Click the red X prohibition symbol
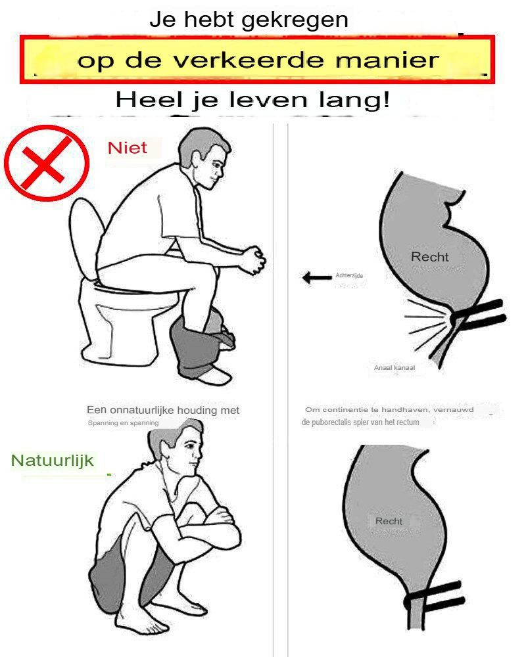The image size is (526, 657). coord(47,163)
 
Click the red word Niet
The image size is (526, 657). coord(127,148)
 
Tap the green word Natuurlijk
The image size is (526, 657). coord(52,461)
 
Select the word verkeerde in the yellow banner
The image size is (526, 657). coord(249,60)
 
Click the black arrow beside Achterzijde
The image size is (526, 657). coord(317,277)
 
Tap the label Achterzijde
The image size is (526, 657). coord(349,275)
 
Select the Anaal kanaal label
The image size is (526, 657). coord(394,367)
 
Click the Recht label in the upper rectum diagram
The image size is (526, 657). coord(429,256)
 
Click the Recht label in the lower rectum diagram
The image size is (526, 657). coord(389,521)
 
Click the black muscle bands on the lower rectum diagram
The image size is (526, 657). coord(436,595)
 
